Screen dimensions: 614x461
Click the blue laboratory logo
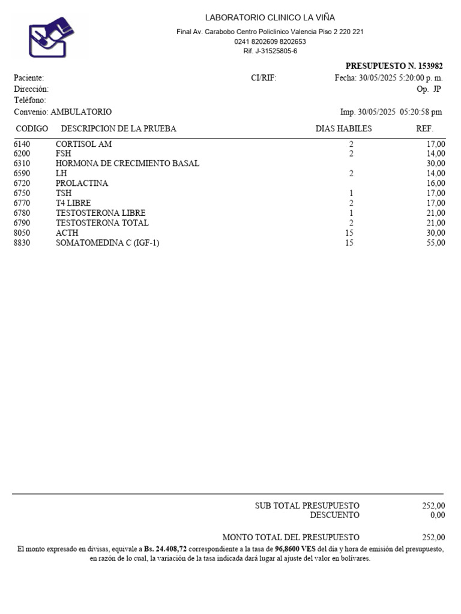point(51,37)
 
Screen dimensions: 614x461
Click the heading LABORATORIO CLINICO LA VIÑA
point(270,18)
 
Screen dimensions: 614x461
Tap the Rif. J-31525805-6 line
point(270,51)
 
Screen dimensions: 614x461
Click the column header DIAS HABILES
point(343,129)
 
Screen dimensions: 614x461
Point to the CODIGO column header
point(32,129)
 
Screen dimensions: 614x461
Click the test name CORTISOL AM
point(83,144)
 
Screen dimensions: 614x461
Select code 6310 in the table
point(22,164)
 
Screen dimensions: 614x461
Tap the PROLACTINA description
point(82,183)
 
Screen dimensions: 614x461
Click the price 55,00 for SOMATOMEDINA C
point(436,243)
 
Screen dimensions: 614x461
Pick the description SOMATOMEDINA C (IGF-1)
point(107,243)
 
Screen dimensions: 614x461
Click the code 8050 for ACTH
point(22,233)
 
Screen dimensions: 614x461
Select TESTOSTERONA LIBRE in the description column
point(100,213)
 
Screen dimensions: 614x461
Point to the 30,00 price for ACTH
point(436,233)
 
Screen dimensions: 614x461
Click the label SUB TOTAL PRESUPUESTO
point(307,506)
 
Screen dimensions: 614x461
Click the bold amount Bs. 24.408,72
point(166,549)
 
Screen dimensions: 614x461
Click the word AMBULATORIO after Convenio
point(81,112)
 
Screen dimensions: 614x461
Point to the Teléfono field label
point(29,100)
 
